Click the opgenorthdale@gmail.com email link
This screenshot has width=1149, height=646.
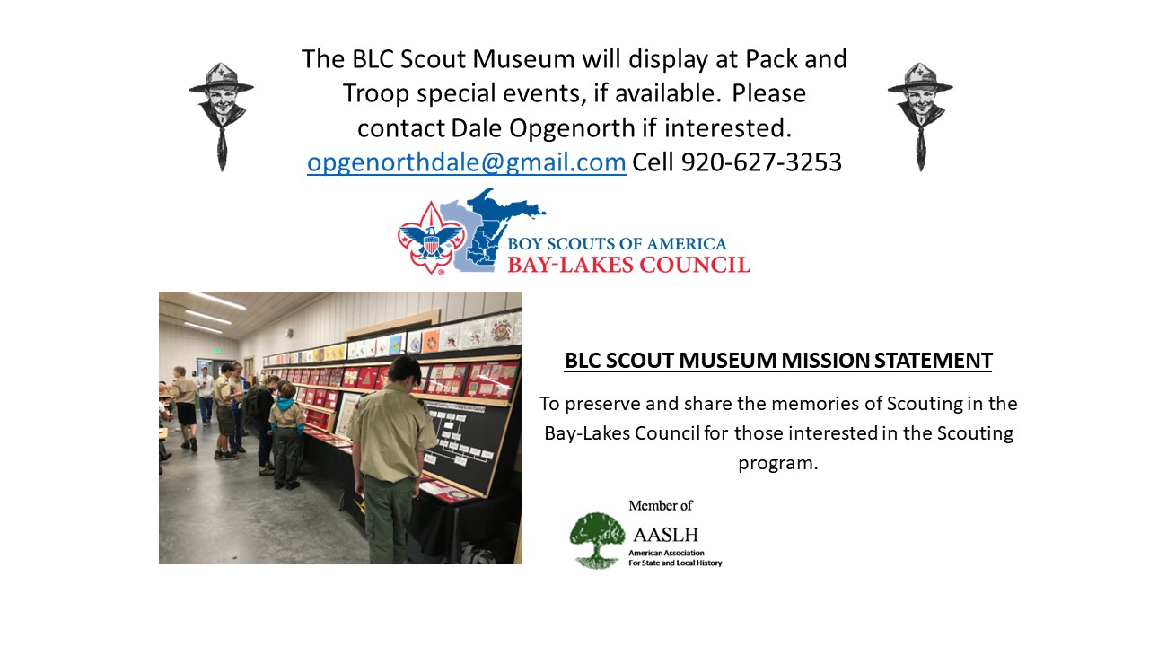pos(467,162)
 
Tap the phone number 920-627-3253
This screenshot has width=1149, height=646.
pos(762,162)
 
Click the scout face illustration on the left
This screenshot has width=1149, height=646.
pos(222,117)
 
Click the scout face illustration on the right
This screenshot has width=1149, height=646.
pos(920,117)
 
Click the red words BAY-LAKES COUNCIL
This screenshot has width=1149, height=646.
pos(629,265)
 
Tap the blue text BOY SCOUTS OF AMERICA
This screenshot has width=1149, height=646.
pos(617,243)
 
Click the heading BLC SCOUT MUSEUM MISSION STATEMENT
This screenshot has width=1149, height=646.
pos(778,361)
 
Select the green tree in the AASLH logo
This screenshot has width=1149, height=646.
pos(597,540)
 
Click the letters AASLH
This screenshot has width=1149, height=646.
pos(666,535)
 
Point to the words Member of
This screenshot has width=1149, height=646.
pos(661,505)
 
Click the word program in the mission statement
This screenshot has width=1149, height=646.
pos(778,464)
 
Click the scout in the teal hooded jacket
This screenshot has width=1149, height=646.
pos(286,436)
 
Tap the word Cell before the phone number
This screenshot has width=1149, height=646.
pos(653,162)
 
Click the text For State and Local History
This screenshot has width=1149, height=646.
pos(675,563)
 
